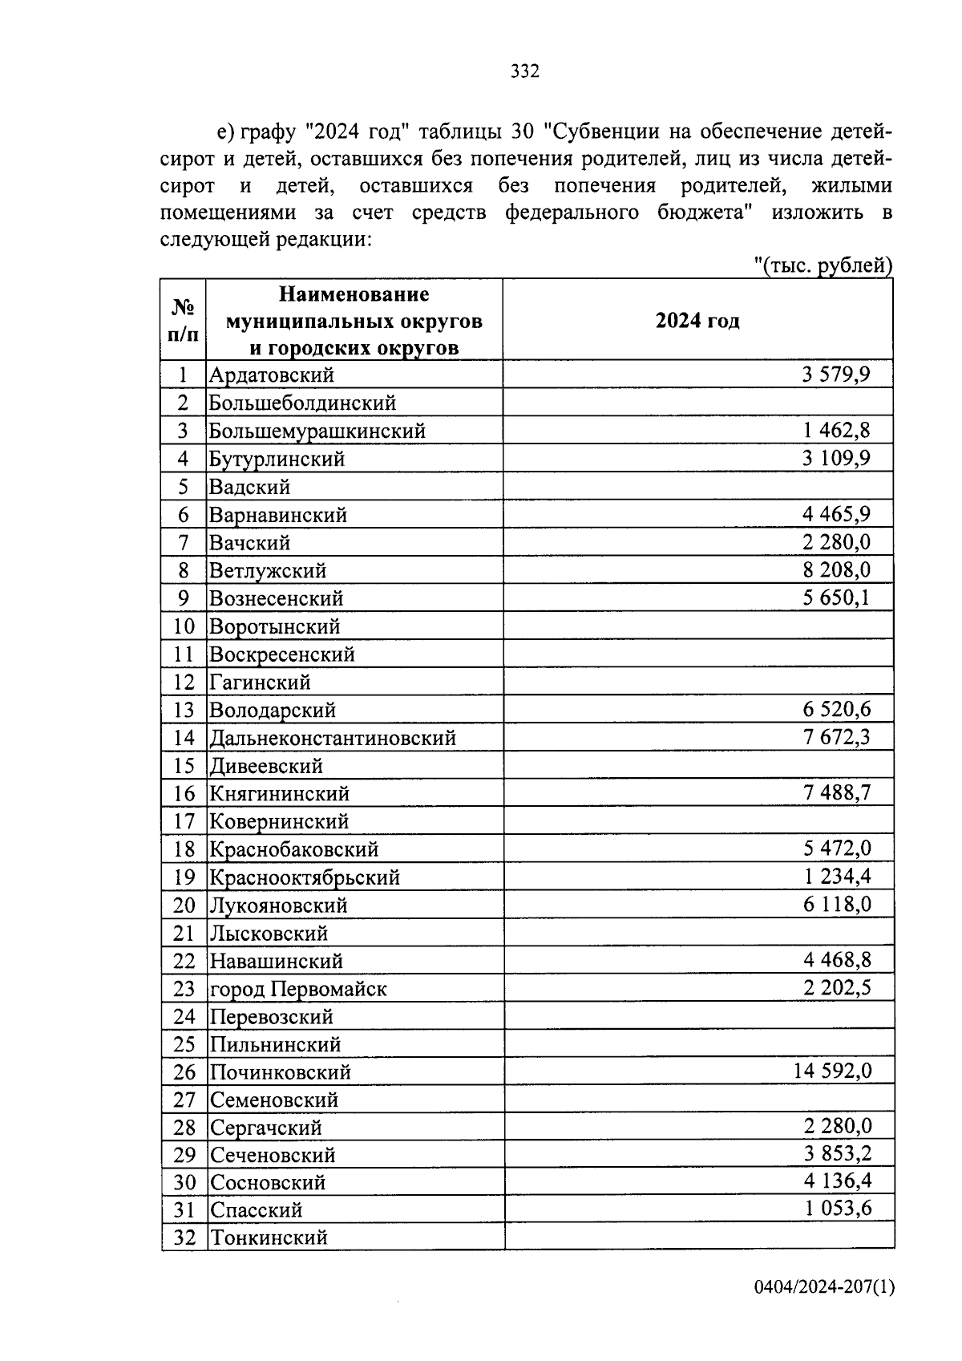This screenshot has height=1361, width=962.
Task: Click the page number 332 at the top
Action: tap(525, 72)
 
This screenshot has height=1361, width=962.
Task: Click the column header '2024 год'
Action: tap(697, 321)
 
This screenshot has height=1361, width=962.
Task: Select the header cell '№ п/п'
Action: tap(183, 320)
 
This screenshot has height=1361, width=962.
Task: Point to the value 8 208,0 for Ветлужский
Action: tap(836, 570)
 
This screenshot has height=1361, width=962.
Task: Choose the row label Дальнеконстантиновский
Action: tap(333, 738)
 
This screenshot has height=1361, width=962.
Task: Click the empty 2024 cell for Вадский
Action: tap(697, 487)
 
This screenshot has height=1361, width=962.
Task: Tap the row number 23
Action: tap(184, 989)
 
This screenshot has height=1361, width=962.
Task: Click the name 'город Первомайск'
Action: tap(298, 990)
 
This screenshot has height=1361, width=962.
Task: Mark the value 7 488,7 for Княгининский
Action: tap(837, 793)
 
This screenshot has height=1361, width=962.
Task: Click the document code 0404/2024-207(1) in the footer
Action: tap(823, 1287)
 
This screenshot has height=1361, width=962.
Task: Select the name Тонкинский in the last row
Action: tap(269, 1237)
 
